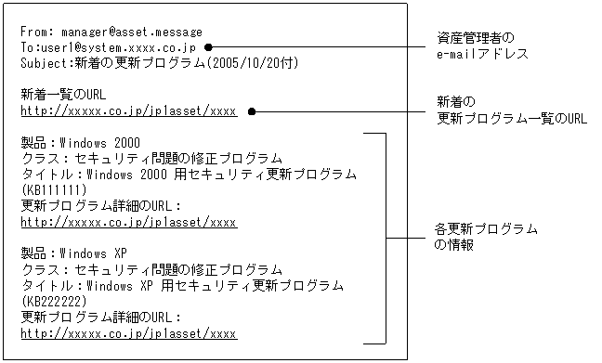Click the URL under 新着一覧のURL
pyautogui.click(x=128, y=110)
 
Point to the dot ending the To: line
pyautogui.click(x=208, y=46)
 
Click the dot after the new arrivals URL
pyautogui.click(x=251, y=110)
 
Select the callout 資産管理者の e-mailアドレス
pyautogui.click(x=482, y=46)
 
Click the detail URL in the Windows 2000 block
pyautogui.click(x=128, y=222)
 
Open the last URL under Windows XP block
pyautogui.click(x=128, y=332)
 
